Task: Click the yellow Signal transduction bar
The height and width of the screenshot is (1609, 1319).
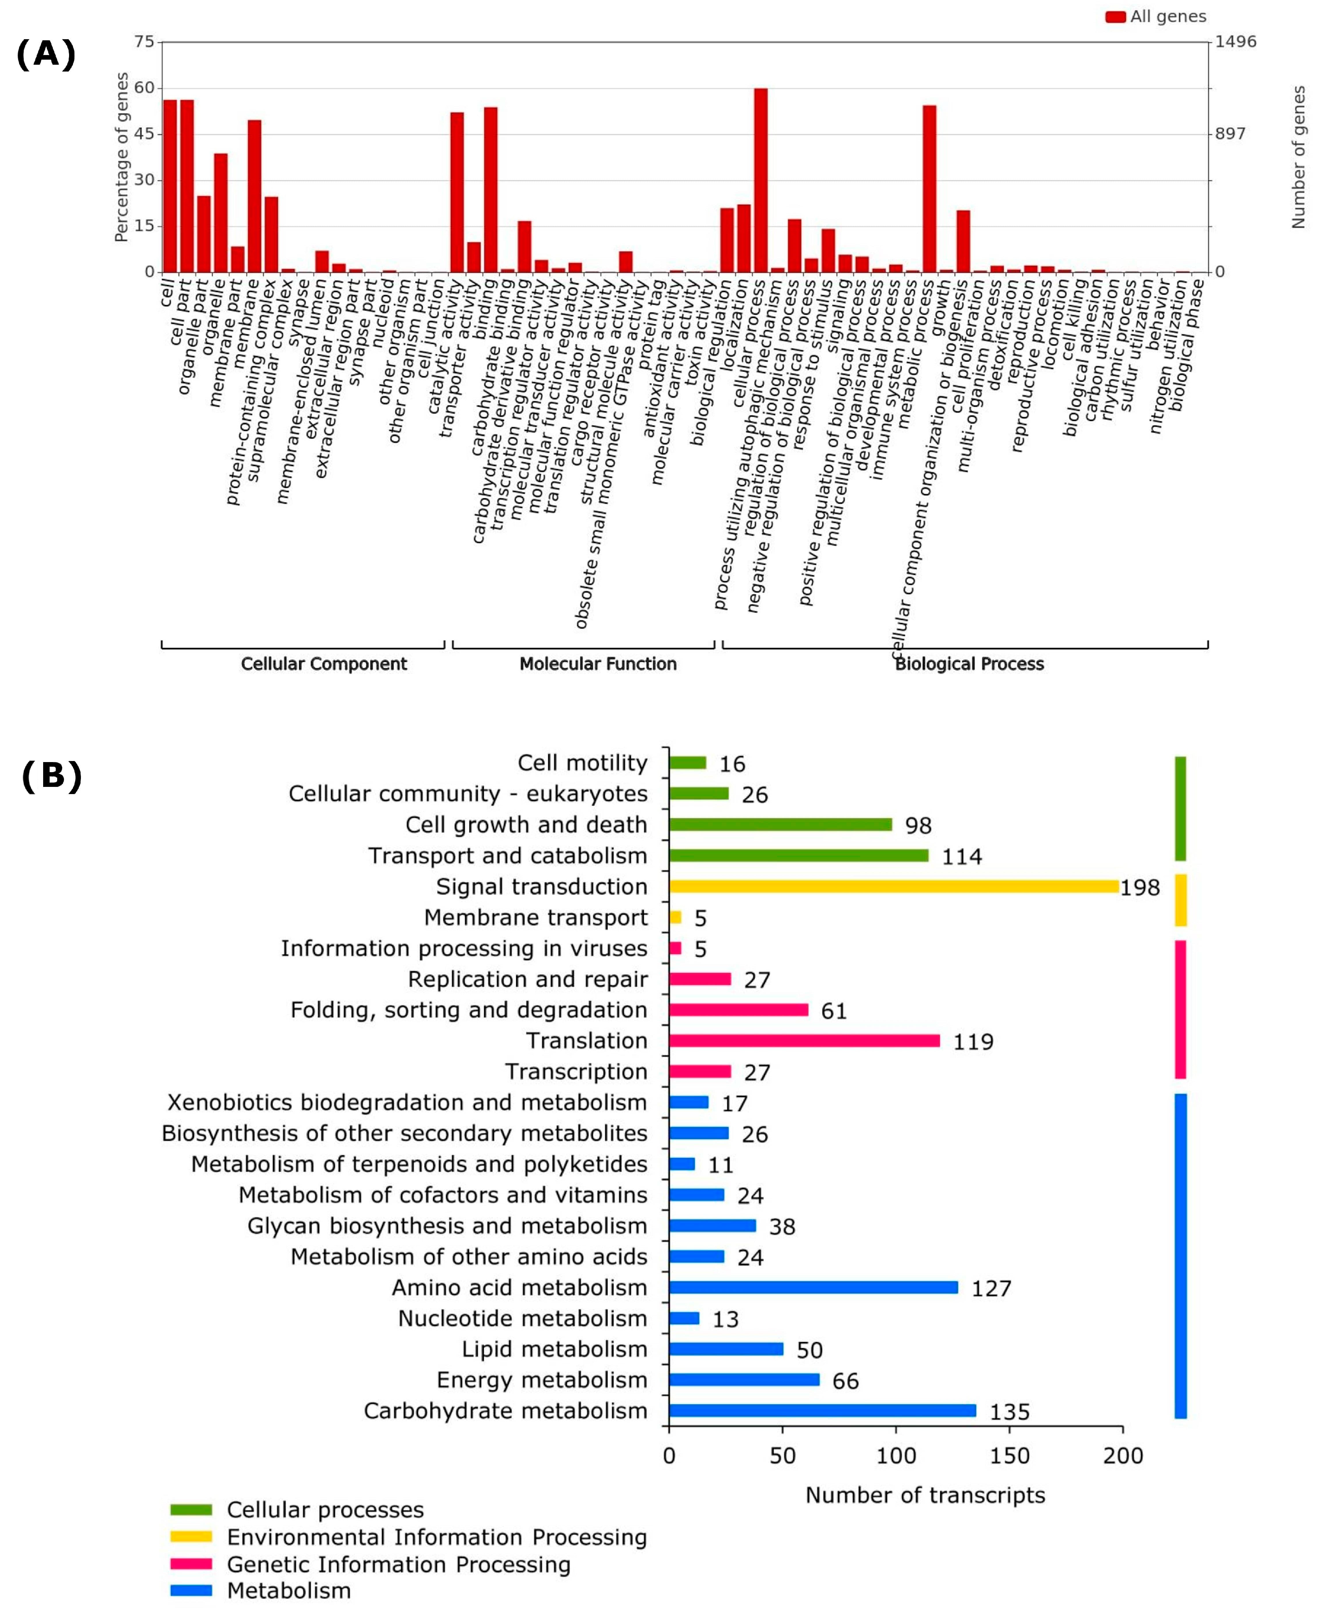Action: tap(894, 886)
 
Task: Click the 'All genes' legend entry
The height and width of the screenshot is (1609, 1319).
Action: tap(1156, 17)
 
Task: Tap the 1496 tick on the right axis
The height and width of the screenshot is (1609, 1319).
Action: tap(1236, 42)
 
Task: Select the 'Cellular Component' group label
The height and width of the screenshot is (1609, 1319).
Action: tap(324, 664)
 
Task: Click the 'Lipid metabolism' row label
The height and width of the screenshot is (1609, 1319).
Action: tap(554, 1349)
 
